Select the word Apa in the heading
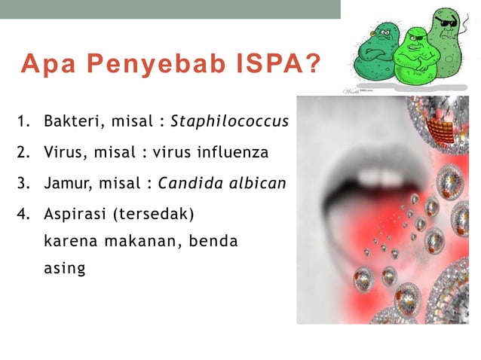point(47,66)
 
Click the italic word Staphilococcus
point(230,121)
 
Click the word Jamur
point(66,185)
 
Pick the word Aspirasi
point(75,215)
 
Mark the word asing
point(64,268)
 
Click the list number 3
point(23,185)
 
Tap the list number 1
point(23,121)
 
